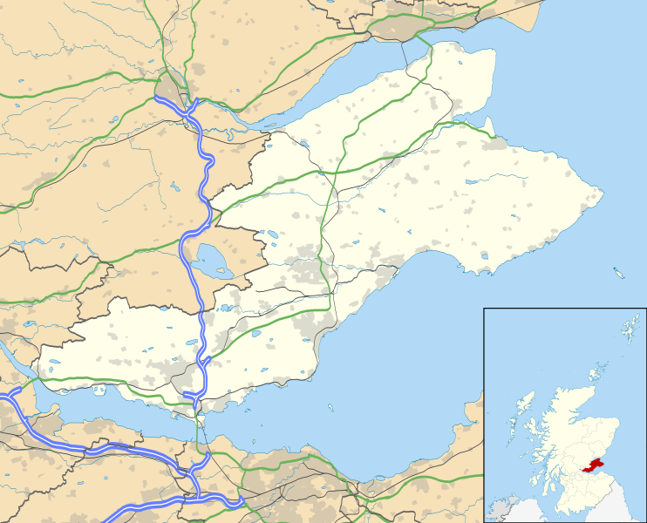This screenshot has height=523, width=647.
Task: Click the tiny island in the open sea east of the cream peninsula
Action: [619, 274]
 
